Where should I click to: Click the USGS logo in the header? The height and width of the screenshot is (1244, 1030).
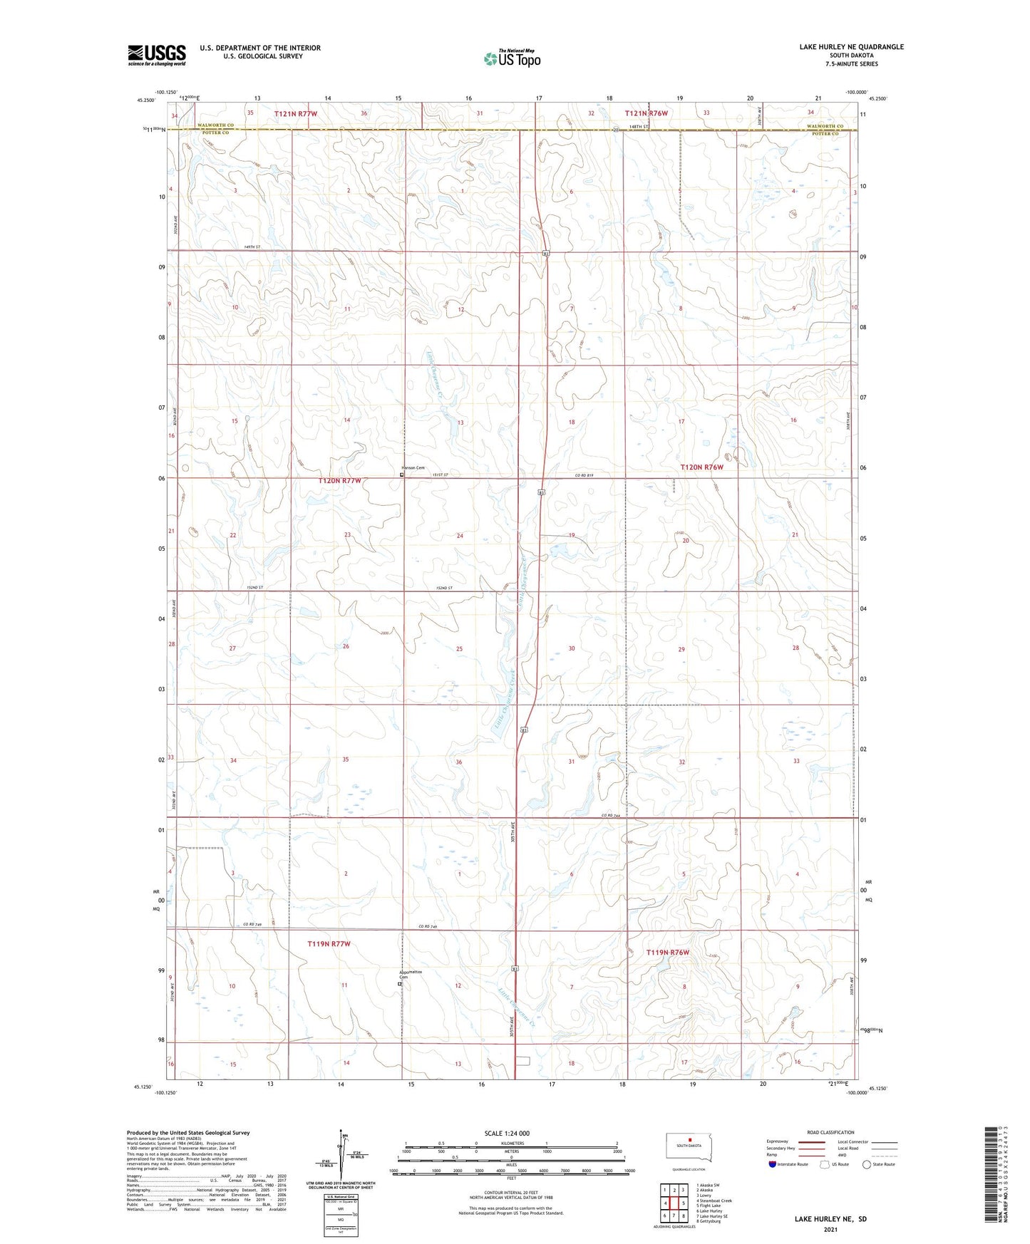156,55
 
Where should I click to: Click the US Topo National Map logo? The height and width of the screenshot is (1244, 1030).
511,58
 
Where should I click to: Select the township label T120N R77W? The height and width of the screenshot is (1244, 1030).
339,481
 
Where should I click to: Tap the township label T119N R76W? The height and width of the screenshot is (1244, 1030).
667,953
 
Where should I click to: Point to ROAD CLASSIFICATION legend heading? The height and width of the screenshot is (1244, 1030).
830,1132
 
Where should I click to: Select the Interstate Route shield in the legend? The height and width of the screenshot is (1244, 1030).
773,1164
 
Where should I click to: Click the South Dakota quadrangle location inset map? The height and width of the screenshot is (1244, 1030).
684,1146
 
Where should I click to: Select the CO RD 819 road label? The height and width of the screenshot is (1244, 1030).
584,475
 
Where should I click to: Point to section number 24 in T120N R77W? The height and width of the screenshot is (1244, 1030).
460,536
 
